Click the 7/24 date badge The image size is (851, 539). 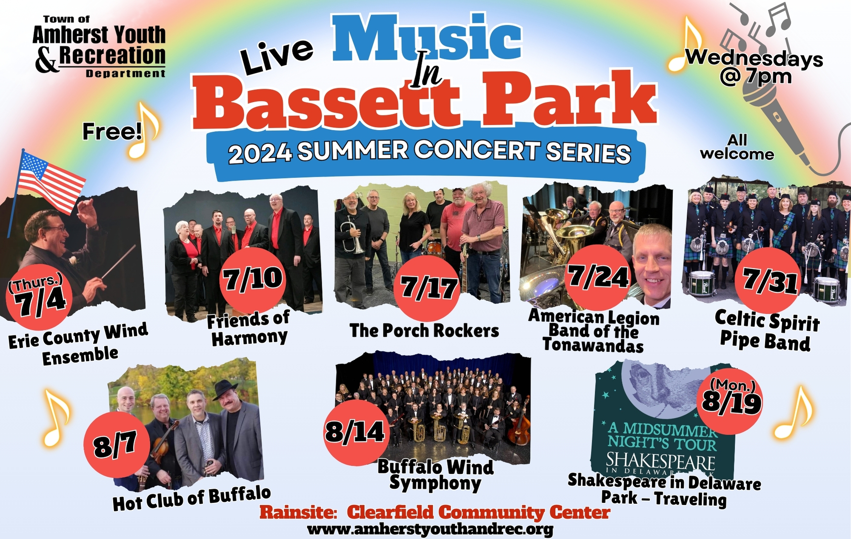pyautogui.click(x=598, y=278)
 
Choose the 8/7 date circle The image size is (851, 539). pyautogui.click(x=117, y=444)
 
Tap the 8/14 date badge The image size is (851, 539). pyautogui.click(x=357, y=433)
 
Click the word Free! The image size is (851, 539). pyautogui.click(x=112, y=132)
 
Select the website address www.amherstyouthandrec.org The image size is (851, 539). pyautogui.click(x=430, y=530)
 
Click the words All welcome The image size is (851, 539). pyautogui.click(x=737, y=147)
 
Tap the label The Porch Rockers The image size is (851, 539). pyautogui.click(x=424, y=331)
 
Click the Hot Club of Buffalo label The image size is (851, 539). pyautogui.click(x=191, y=499)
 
